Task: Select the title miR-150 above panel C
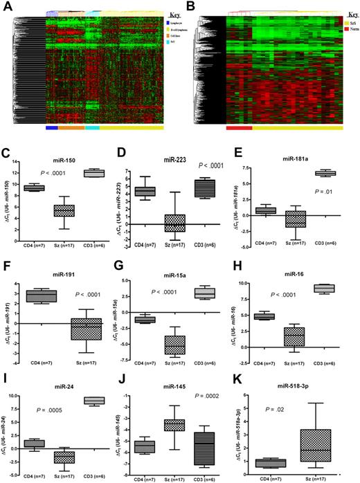(66, 158)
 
